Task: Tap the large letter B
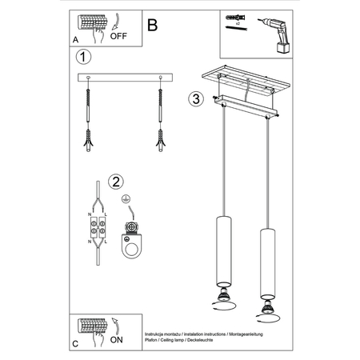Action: click(153, 23)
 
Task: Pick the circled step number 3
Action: click(195, 100)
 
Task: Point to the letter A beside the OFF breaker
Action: click(75, 38)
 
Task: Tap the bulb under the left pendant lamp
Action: click(223, 299)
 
